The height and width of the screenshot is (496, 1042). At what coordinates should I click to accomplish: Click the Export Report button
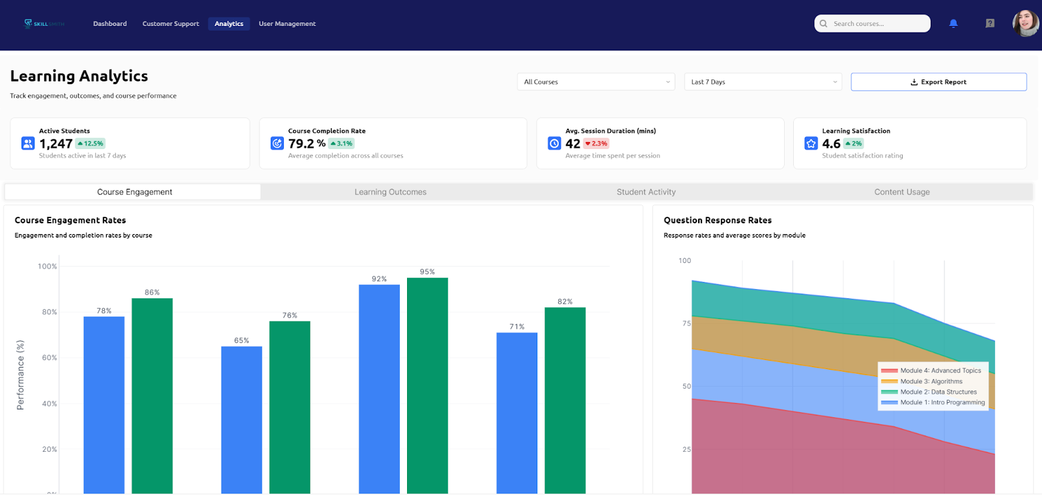point(938,82)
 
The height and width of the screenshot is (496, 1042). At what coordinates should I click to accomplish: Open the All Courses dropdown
point(595,82)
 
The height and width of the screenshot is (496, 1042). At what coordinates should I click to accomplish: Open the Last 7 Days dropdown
point(763,82)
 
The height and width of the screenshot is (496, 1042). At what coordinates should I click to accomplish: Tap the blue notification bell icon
point(953,23)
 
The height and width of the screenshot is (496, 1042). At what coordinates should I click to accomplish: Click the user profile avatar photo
point(1025,23)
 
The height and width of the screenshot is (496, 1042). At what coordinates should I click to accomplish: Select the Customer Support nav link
point(171,24)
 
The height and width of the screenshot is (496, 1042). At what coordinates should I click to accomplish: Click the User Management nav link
point(287,24)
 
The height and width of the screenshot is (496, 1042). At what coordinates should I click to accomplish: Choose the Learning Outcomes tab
point(390,192)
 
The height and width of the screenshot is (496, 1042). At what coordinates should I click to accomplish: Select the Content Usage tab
point(901,192)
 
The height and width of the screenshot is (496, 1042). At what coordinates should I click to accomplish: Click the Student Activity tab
point(646,192)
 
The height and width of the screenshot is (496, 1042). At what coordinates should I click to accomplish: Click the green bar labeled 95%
point(427,384)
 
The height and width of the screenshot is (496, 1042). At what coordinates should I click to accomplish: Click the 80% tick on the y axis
point(49,312)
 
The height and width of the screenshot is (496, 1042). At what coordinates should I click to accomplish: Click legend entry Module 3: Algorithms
point(931,381)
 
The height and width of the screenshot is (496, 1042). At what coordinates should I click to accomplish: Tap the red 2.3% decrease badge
point(596,144)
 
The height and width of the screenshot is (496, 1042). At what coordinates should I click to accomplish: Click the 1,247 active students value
point(56,144)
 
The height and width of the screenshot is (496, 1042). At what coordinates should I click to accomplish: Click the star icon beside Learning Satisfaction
point(811,143)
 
